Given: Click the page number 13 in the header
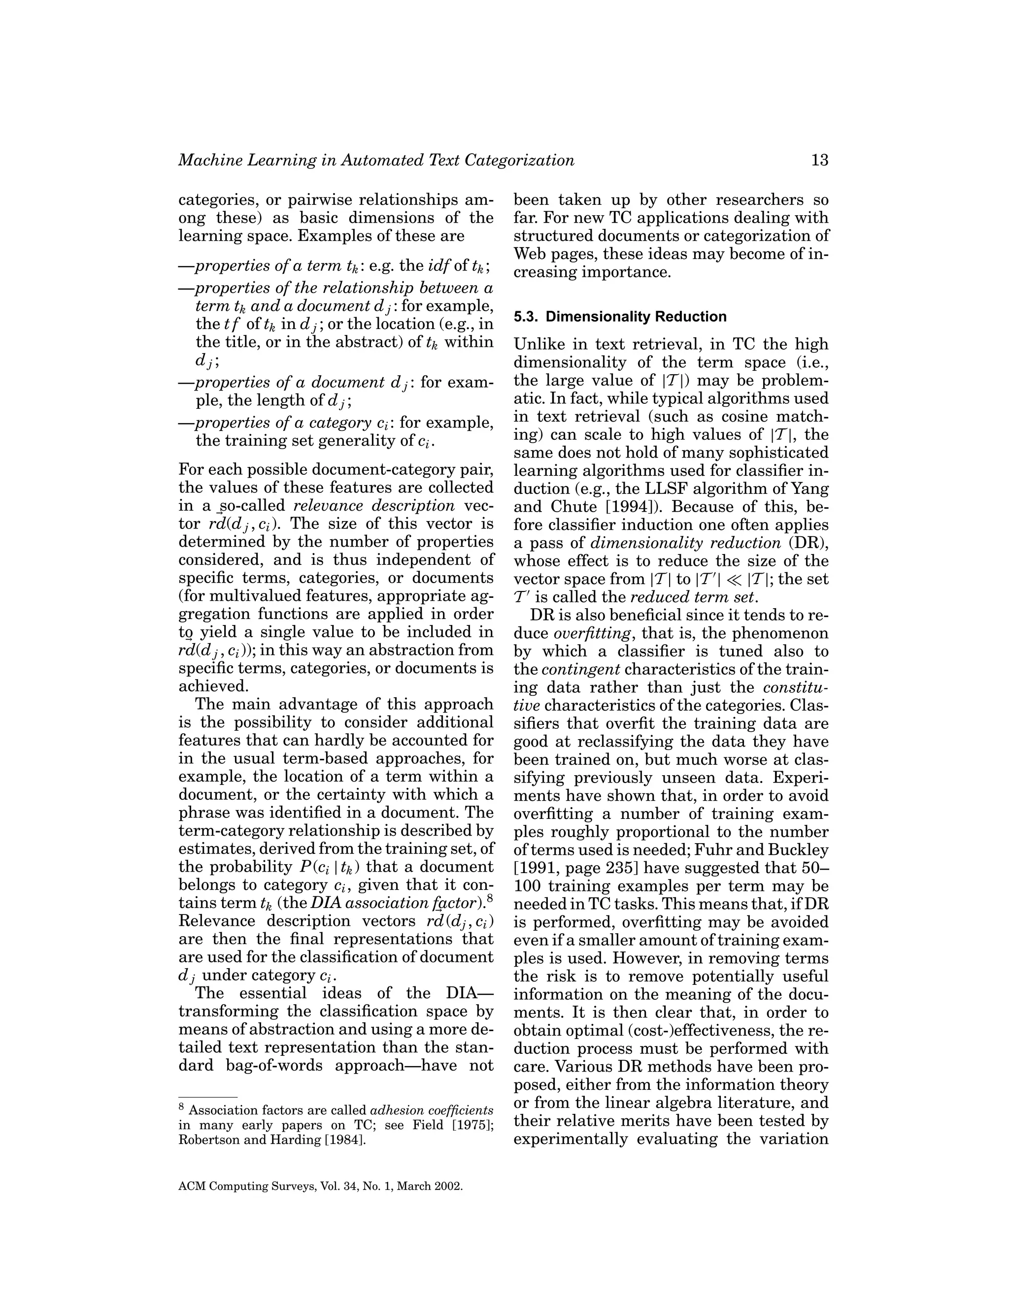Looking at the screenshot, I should point(819,160).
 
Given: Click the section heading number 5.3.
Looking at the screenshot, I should point(527,317).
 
